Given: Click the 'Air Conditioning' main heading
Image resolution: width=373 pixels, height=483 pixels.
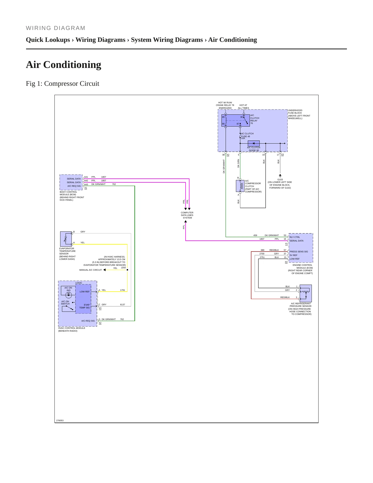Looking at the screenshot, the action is pyautogui.click(x=64, y=65).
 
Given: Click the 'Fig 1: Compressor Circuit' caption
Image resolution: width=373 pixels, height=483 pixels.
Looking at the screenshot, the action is pyautogui.click(x=62, y=84).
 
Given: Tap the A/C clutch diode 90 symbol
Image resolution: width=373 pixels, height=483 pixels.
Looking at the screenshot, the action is pyautogui.click(x=254, y=143).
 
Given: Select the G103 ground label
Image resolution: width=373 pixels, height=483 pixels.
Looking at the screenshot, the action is pyautogui.click(x=280, y=180).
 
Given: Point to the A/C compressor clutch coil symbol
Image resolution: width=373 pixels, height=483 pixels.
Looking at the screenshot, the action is pyautogui.click(x=240, y=186).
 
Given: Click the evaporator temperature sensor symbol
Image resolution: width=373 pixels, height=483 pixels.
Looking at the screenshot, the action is pyautogui.click(x=66, y=239).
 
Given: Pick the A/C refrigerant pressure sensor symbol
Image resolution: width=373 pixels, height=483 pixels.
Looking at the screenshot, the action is pyautogui.click(x=306, y=293).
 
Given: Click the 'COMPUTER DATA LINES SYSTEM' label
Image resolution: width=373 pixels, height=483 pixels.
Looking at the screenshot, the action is pyautogui.click(x=187, y=215).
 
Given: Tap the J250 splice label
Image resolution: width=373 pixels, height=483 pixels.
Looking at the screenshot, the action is pyautogui.click(x=123, y=268).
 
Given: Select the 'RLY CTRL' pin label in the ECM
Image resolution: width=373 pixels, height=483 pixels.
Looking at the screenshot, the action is pyautogui.click(x=295, y=237).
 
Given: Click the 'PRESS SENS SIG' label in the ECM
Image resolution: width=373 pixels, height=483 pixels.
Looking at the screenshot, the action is pyautogui.click(x=299, y=252).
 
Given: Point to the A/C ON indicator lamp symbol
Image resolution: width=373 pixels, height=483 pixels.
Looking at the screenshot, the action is pyautogui.click(x=69, y=295).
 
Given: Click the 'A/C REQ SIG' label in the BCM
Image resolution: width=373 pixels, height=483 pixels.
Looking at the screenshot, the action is pyautogui.click(x=74, y=186).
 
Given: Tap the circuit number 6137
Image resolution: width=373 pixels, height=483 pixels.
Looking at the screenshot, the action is pyautogui.click(x=123, y=305).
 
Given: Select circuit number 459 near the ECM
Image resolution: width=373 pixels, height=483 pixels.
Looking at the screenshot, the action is pyautogui.click(x=255, y=235).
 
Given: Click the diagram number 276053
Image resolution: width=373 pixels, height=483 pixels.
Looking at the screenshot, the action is pyautogui.click(x=60, y=420).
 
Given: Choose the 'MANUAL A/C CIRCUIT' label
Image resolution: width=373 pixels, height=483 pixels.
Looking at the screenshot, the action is pyautogui.click(x=91, y=270).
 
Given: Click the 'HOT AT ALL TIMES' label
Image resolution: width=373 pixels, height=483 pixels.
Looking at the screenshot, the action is pyautogui.click(x=243, y=107).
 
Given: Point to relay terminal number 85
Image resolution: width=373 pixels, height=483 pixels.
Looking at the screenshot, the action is pyautogui.click(x=223, y=117).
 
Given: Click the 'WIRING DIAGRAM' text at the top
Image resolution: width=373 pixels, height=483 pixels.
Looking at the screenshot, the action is pyautogui.click(x=55, y=28).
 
